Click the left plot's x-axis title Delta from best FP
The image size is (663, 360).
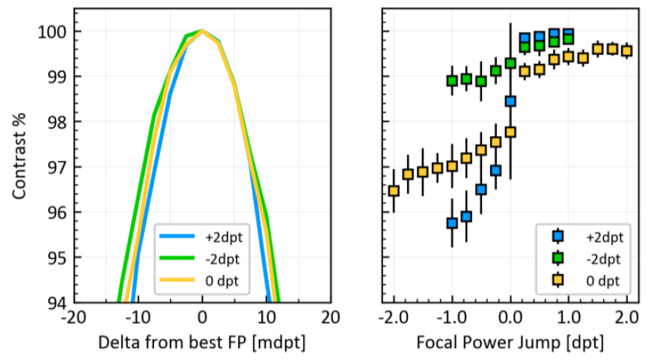coord(201,343)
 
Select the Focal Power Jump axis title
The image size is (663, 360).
coord(510,343)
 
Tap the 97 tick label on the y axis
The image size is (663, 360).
coord(55,167)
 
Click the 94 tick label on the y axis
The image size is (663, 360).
coord(55,302)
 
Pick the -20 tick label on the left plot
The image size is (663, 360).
coord(73,317)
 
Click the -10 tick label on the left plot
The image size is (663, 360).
coord(138,317)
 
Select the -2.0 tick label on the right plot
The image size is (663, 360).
coord(394,317)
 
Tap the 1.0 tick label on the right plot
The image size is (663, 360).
coord(569,317)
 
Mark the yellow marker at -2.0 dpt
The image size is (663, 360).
coord(394,191)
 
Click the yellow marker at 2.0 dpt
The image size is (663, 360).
coord(627,51)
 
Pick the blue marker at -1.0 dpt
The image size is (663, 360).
coord(452,223)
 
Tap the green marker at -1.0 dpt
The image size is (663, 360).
coord(452,81)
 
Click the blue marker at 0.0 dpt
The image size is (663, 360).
coord(510,101)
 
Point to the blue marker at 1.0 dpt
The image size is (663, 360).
coord(569,34)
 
